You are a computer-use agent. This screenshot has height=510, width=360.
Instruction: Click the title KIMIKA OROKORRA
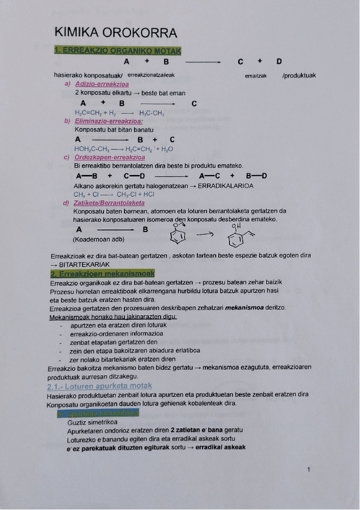click(x=115, y=32)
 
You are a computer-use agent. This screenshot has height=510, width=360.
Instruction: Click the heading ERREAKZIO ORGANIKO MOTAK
click(x=117, y=51)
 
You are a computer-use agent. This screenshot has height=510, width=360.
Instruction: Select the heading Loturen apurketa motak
click(x=99, y=386)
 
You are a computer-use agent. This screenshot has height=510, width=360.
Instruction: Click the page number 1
click(x=308, y=470)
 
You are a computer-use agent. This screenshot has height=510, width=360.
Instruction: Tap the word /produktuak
click(x=299, y=75)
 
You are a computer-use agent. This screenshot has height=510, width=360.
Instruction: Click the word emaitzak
click(x=255, y=76)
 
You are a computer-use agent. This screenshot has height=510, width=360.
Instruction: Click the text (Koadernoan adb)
click(x=98, y=239)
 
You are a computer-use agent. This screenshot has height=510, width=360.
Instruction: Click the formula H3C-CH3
click(x=151, y=112)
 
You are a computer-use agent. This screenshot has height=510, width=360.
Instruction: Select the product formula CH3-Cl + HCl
click(x=135, y=194)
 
